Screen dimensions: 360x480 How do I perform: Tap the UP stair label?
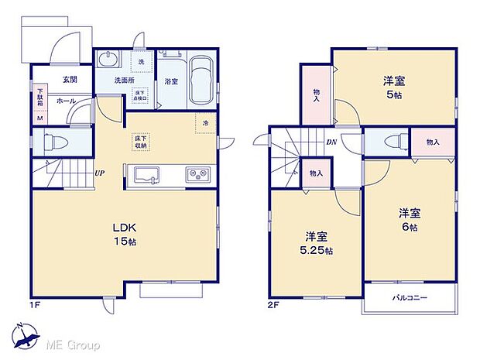pos(100,174)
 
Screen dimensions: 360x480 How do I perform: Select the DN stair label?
pos(331,142)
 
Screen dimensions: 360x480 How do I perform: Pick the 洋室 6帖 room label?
pos(409,219)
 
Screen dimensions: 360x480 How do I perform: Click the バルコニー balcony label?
pos(409,298)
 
